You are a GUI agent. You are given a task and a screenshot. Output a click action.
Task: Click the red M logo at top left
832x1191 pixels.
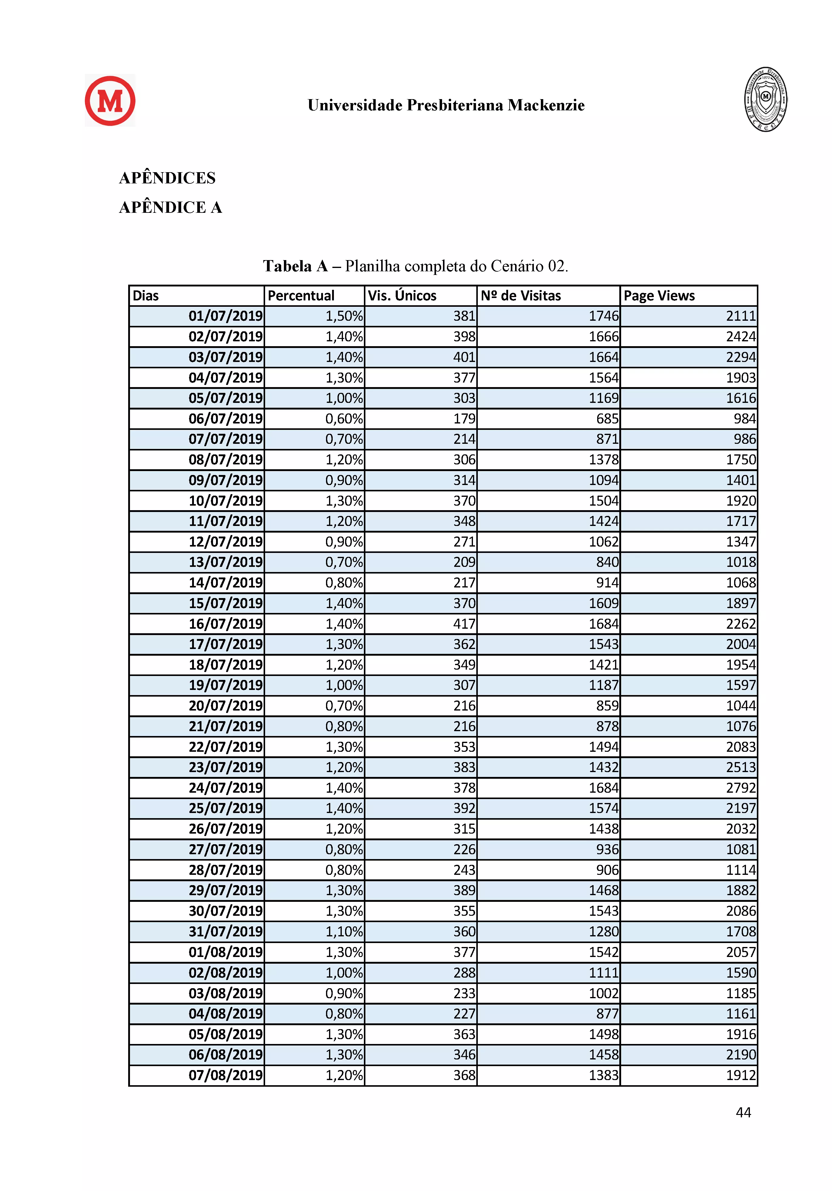[x=110, y=101]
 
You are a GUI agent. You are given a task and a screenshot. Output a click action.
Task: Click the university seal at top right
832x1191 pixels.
[x=766, y=99]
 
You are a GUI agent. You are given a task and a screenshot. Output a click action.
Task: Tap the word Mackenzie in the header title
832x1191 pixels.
[x=546, y=105]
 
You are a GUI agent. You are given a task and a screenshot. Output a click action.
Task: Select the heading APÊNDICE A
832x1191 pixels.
[x=171, y=207]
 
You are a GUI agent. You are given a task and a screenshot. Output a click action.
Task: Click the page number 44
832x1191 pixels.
[x=743, y=1112]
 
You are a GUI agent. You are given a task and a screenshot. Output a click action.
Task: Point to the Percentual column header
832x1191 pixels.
[x=301, y=296]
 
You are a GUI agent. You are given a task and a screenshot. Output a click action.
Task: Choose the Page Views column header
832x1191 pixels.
[x=659, y=296]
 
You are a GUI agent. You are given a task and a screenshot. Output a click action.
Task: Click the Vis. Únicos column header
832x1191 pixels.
[x=402, y=296]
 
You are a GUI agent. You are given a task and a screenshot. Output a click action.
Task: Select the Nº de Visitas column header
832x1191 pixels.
[x=521, y=296]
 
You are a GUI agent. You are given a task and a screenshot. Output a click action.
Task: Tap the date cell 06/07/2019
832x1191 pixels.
[x=225, y=419]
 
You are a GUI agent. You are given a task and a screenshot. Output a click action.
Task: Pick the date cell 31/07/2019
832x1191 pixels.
[x=225, y=932]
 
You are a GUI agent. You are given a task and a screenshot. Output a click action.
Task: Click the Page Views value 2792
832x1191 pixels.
[x=741, y=788]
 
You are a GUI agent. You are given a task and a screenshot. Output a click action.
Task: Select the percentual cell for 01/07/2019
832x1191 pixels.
[x=344, y=316]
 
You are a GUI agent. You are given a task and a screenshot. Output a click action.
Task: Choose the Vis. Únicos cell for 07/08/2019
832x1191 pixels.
[x=464, y=1075]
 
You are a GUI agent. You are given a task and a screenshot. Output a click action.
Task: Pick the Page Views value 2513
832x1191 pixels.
[x=741, y=767]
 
